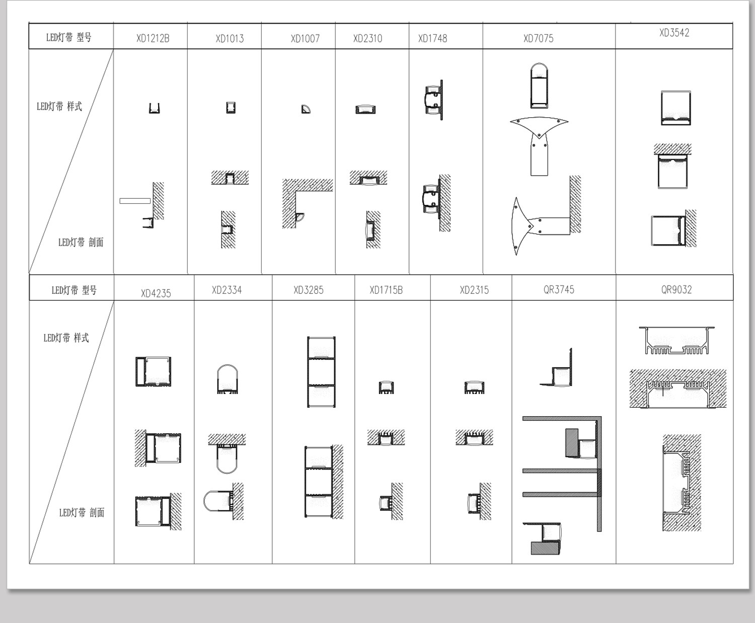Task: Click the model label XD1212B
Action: [x=153, y=38]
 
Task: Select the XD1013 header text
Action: [x=230, y=38]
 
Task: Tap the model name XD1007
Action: [x=305, y=38]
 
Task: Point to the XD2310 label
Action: [x=368, y=38]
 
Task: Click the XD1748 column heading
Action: [x=432, y=38]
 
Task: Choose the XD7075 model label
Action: [x=539, y=38]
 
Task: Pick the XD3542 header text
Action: [x=674, y=33]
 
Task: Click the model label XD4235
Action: [x=156, y=293]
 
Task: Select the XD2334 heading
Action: [x=226, y=290]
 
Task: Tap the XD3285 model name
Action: [x=309, y=290]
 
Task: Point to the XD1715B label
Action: [x=386, y=290]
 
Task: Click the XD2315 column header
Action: [x=474, y=290]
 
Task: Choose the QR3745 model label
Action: [x=559, y=290]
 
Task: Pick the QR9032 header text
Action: [x=676, y=290]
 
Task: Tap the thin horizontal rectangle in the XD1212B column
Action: [x=135, y=201]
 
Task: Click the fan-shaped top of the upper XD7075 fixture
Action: [x=539, y=124]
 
